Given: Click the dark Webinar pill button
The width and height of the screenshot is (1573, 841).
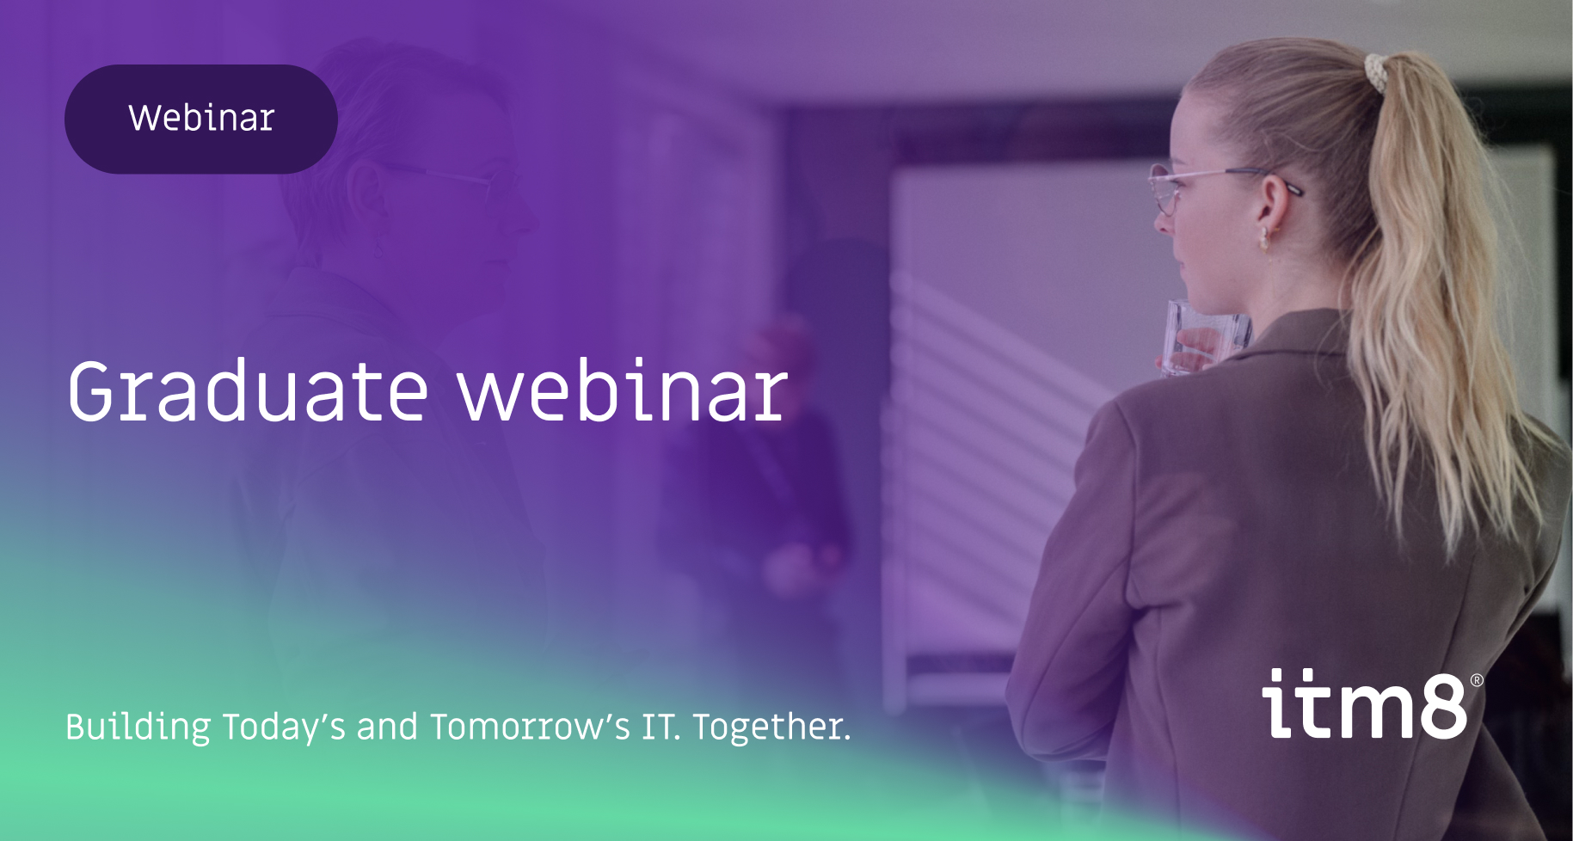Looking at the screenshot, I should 200,119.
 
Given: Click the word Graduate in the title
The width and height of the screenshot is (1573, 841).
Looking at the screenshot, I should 248,393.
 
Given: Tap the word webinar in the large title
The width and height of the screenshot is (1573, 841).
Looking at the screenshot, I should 622,393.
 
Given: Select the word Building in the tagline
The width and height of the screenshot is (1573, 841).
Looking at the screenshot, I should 138,727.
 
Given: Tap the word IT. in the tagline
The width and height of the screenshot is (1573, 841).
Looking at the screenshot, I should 661,727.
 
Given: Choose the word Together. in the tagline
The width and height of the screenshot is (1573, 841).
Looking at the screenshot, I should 771,727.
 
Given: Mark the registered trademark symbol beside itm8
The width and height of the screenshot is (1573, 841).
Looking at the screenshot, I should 1477,680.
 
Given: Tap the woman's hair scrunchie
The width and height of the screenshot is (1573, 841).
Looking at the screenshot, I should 1377,72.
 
